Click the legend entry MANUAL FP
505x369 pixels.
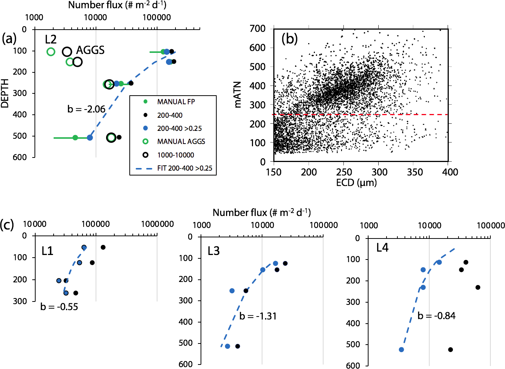(x=176, y=102)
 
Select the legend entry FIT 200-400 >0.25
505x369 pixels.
(x=184, y=168)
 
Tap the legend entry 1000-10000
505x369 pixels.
(x=175, y=155)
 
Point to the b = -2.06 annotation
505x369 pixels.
(x=86, y=109)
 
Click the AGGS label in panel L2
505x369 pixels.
(x=90, y=50)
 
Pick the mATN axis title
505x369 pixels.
(x=238, y=95)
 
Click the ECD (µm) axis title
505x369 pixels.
(x=356, y=183)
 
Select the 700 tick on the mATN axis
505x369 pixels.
(x=258, y=28)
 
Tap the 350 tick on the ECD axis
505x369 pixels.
(x=415, y=172)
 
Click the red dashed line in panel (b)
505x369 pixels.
(x=360, y=114)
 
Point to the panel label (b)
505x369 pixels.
(x=289, y=39)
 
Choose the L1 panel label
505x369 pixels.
(x=47, y=251)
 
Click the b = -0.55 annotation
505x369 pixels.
(x=59, y=307)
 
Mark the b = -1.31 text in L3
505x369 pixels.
(x=258, y=316)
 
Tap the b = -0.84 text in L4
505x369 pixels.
(x=436, y=316)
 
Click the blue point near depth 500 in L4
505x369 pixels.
(x=402, y=349)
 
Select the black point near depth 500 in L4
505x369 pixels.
(x=451, y=349)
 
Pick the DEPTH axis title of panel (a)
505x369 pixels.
(x=5, y=93)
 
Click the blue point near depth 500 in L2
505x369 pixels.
(x=90, y=138)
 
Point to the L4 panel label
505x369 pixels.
(x=382, y=247)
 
